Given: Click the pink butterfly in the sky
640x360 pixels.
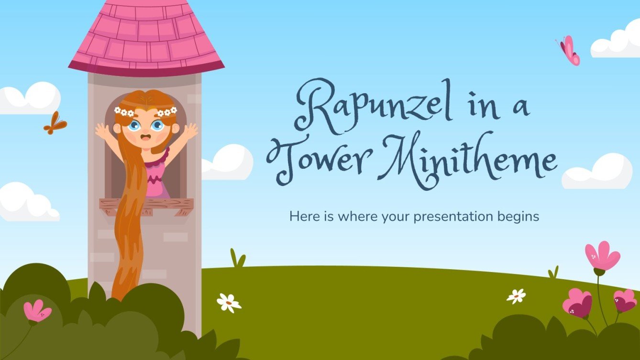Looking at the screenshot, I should pyautogui.click(x=569, y=51).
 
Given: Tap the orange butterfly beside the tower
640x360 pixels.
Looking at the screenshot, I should pyautogui.click(x=55, y=123).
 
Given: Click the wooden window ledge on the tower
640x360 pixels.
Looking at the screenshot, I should pyautogui.click(x=146, y=205).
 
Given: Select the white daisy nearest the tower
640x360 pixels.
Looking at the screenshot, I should pyautogui.click(x=229, y=302).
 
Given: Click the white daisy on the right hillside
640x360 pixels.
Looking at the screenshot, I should pyautogui.click(x=516, y=296).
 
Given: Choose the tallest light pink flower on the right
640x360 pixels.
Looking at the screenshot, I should pyautogui.click(x=602, y=257).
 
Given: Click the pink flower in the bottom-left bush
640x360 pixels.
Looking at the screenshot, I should pyautogui.click(x=37, y=311).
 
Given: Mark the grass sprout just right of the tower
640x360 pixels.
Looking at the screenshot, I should pyautogui.click(x=237, y=258).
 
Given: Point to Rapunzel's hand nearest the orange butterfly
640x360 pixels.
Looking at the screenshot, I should pyautogui.click(x=102, y=131).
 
